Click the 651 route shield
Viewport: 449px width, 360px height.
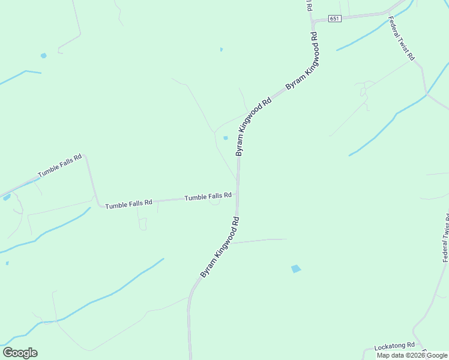click(x=334, y=19)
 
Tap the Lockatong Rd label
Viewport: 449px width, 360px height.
click(x=394, y=346)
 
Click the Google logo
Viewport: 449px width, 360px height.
click(x=20, y=353)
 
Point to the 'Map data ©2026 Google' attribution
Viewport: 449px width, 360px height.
click(x=412, y=355)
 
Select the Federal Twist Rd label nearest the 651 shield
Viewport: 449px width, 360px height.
click(x=402, y=38)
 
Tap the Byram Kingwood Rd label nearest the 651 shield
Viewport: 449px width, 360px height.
click(x=302, y=62)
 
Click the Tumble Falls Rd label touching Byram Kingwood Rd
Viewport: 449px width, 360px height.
click(x=208, y=196)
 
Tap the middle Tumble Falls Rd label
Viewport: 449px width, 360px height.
click(x=128, y=205)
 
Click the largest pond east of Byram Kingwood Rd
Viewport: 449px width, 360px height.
click(x=296, y=269)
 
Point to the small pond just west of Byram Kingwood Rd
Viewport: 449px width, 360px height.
click(x=226, y=138)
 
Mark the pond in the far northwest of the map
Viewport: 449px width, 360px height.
click(x=43, y=56)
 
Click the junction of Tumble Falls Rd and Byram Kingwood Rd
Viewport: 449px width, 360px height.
click(x=238, y=195)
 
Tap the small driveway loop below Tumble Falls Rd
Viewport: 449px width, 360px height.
click(x=214, y=202)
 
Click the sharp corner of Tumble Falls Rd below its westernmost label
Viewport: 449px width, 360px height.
click(x=87, y=156)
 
